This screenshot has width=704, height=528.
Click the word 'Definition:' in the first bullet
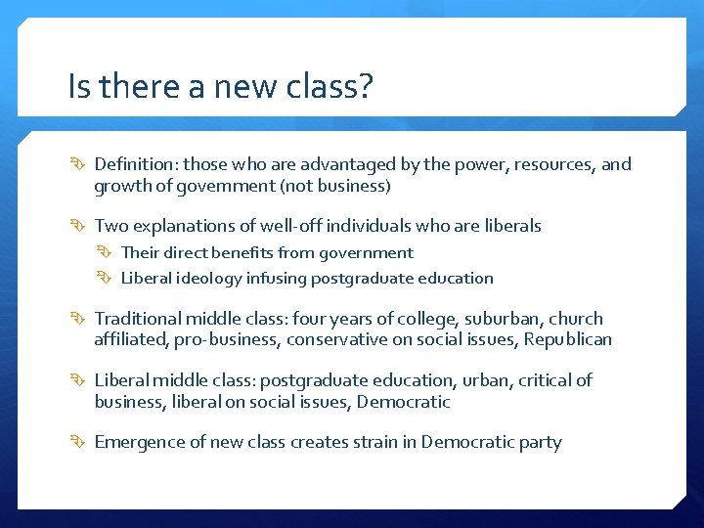(136, 164)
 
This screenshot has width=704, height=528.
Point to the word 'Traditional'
(137, 319)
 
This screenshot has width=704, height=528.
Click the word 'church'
(576, 319)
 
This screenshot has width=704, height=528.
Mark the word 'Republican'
(568, 340)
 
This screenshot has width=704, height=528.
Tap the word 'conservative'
(336, 340)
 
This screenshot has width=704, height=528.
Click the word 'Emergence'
(135, 442)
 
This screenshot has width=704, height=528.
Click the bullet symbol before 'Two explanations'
(80, 226)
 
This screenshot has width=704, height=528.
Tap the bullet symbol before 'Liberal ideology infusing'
(109, 279)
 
